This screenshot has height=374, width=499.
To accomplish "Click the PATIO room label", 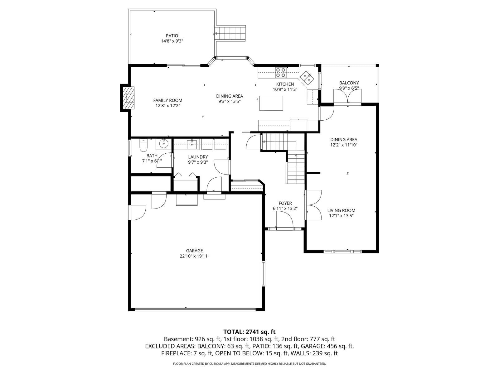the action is tap(172, 36).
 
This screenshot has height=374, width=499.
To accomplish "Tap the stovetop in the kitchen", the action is tap(280, 73).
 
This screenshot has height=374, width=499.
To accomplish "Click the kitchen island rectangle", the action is tap(271, 103).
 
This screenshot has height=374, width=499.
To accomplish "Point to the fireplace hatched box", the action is tap(128, 98).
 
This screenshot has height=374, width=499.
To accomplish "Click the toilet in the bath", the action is tap(143, 145).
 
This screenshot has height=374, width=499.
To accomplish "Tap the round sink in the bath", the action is tap(163, 144).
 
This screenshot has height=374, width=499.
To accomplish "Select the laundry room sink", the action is tap(192, 144).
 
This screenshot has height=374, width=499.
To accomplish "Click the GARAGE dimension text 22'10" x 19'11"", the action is tap(194, 256).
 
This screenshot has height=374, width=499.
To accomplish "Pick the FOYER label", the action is tap(285, 203).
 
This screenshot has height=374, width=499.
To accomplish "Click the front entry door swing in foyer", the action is tap(285, 219).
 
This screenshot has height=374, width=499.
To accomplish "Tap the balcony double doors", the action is tap(347, 96).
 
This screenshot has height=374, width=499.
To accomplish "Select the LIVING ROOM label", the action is tap(341, 210).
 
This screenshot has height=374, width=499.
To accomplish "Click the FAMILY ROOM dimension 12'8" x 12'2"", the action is tap(168, 106).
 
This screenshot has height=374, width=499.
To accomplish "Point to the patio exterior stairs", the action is tap(230, 34).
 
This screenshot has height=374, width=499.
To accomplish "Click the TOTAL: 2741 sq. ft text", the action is tap(249, 332).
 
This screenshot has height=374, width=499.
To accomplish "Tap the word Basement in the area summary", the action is tap(178, 339).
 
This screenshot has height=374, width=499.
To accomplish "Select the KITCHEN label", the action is tap(285, 84).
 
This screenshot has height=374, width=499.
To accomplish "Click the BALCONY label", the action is tap(349, 83).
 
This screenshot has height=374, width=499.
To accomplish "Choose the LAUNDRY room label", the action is tap(198, 157).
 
